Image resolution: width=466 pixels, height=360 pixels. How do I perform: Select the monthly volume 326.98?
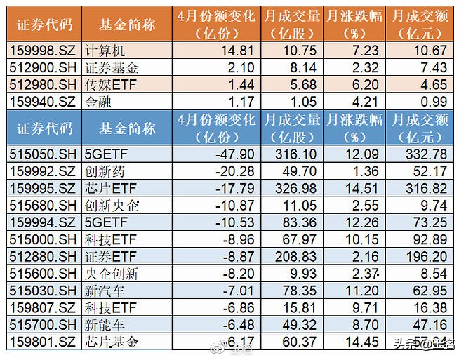coord(293,188)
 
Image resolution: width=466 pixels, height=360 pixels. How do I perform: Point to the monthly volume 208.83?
coord(293,257)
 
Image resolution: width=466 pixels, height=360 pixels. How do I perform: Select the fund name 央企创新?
coord(109,274)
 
